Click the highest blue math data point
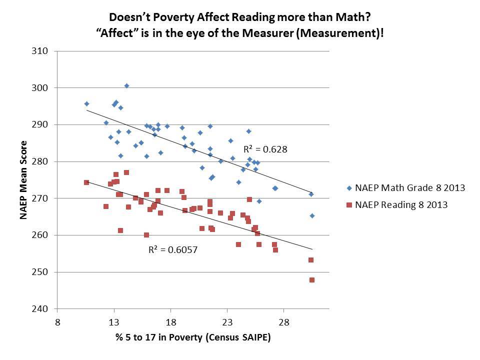[x=126, y=86]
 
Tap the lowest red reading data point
[x=312, y=280]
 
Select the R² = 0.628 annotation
[x=265, y=149]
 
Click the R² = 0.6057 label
[x=172, y=249]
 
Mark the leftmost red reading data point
[x=86, y=182]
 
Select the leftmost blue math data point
[x=86, y=104]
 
